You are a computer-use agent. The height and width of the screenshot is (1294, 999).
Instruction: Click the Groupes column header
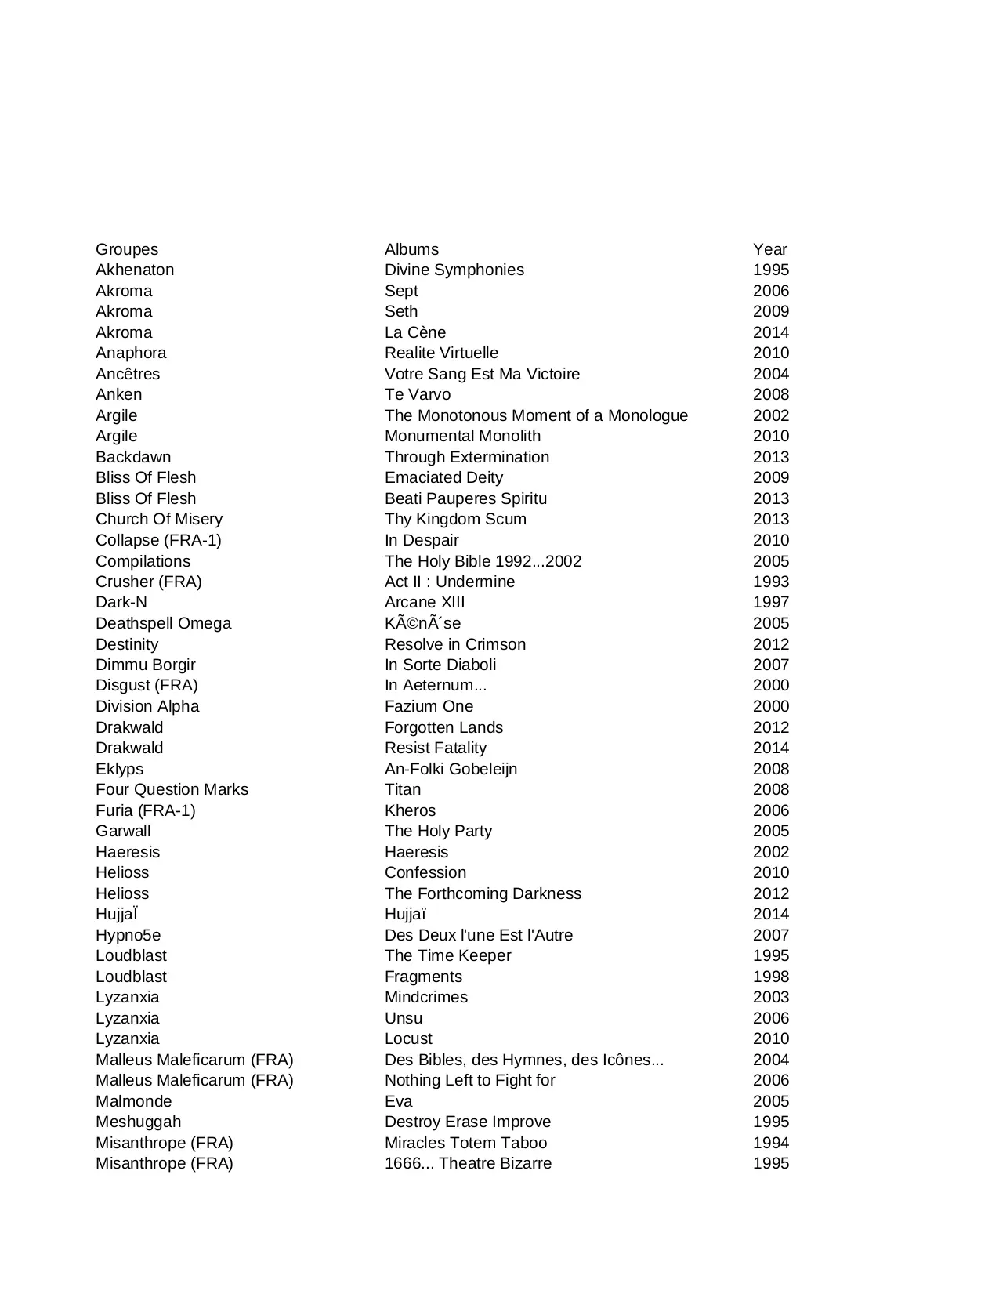(127, 249)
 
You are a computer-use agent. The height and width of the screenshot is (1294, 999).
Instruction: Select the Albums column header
(411, 249)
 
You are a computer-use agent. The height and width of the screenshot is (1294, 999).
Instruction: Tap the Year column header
(769, 249)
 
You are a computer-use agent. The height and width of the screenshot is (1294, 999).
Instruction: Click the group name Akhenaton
(135, 270)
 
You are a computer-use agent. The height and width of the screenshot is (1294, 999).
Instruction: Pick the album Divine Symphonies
(454, 270)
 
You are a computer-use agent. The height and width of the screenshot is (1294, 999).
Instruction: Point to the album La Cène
(414, 332)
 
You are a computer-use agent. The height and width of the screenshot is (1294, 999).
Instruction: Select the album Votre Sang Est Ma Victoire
(482, 374)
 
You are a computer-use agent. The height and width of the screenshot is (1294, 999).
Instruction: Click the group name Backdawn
(133, 457)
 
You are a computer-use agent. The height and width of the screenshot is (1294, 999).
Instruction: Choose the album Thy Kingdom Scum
(455, 519)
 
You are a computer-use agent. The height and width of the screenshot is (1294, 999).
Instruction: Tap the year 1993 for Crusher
(770, 582)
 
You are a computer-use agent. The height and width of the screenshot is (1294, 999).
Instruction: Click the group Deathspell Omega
(163, 623)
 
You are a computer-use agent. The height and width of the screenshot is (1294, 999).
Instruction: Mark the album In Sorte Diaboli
(440, 665)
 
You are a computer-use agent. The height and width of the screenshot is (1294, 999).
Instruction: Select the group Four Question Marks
(172, 789)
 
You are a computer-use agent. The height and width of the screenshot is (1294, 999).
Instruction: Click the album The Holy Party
(438, 831)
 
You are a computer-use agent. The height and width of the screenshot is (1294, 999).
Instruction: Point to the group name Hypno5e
(128, 935)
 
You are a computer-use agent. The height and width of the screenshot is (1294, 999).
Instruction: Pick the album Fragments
(423, 977)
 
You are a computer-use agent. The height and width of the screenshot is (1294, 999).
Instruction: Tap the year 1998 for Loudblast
(770, 977)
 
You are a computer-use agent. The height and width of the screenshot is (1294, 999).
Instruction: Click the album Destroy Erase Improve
(467, 1122)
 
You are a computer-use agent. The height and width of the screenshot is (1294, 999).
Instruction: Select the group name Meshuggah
(138, 1122)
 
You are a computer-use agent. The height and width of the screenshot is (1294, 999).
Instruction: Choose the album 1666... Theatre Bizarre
(468, 1163)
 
